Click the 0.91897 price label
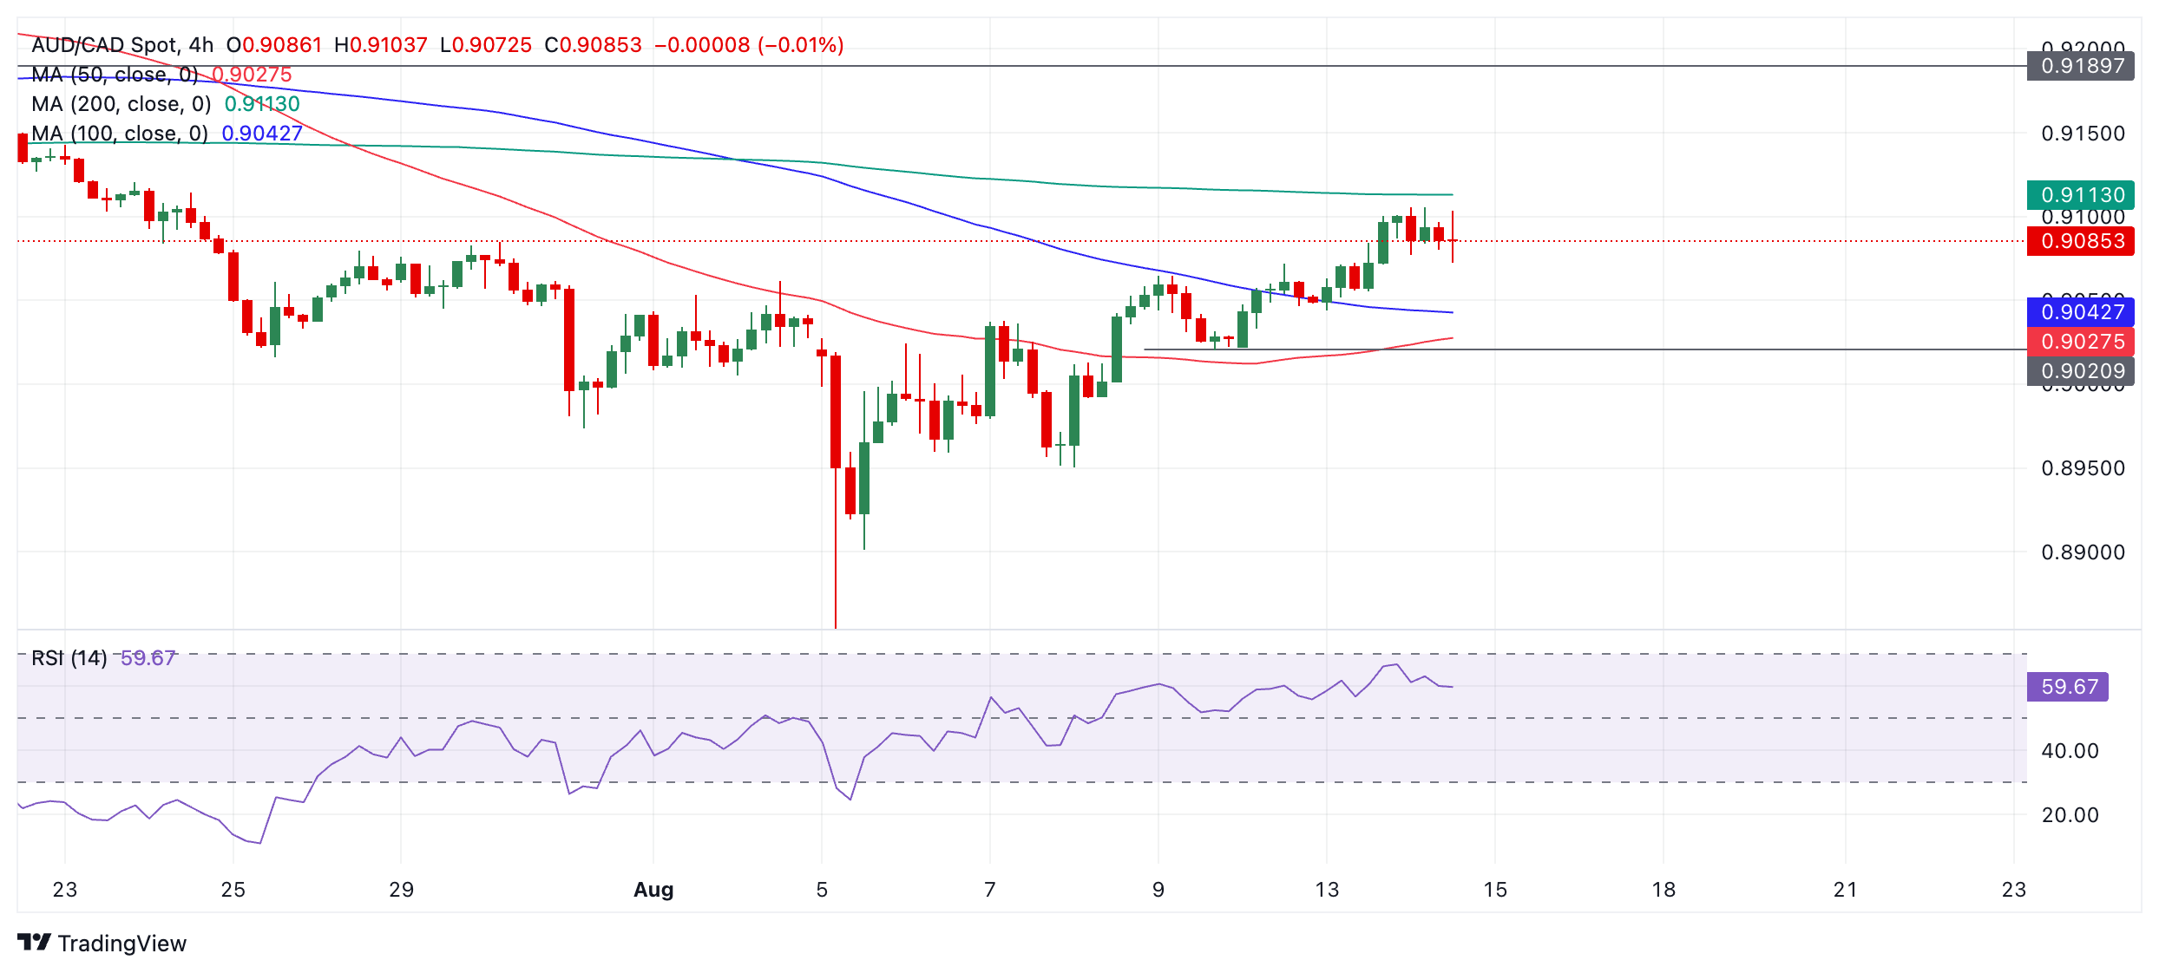pos(2082,66)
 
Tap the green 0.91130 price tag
pos(2082,195)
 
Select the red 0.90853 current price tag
pos(2082,241)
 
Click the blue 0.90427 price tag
pos(2082,312)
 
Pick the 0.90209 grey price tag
pos(2082,371)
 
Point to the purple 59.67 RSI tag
pos(2069,687)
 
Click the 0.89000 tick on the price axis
pos(2082,552)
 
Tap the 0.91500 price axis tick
pos(2082,134)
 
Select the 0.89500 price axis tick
pos(2082,468)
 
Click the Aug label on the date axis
pos(653,890)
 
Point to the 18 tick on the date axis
pos(1663,890)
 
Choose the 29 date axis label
pos(401,890)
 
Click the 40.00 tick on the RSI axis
pos(2070,751)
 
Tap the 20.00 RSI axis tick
pos(2070,815)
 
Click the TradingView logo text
pos(121,944)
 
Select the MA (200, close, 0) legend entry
pos(121,104)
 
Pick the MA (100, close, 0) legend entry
pos(120,134)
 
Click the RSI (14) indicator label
pos(69,658)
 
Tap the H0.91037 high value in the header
pos(381,45)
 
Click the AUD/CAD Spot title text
pos(104,45)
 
